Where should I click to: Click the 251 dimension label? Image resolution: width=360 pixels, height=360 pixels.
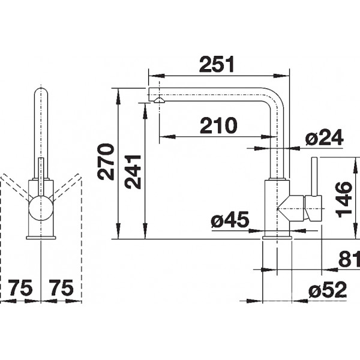click(x=217, y=64)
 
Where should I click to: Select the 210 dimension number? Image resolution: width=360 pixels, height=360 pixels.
click(x=218, y=125)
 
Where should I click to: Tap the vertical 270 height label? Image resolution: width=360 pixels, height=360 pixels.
click(x=106, y=161)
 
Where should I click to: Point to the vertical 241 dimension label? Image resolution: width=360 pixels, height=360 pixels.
click(x=133, y=172)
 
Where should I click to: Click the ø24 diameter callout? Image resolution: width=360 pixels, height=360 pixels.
click(x=324, y=137)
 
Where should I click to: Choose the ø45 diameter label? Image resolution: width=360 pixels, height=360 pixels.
click(x=230, y=220)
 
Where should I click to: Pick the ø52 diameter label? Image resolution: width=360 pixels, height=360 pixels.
click(x=328, y=290)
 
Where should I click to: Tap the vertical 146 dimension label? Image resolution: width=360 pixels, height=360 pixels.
click(x=343, y=200)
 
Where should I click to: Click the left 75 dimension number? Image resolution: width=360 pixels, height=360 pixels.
click(x=21, y=287)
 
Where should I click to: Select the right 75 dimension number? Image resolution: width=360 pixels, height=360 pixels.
click(x=62, y=287)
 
